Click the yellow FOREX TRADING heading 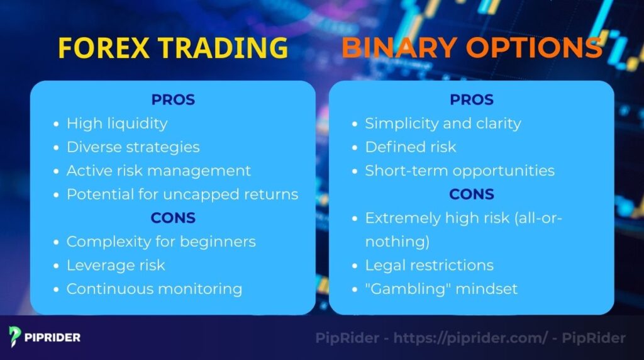(173, 48)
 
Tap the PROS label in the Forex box (173, 99)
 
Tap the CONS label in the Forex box (173, 218)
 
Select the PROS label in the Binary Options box (471, 99)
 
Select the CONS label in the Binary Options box (471, 194)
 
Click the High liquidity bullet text (117, 123)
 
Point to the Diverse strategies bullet (133, 147)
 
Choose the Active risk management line (158, 171)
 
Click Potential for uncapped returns (182, 194)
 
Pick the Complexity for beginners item (161, 242)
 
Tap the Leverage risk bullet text (116, 265)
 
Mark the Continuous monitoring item (154, 289)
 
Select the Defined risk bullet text (411, 147)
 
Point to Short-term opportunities (460, 171)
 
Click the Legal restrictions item (429, 265)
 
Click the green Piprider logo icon (15, 337)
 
